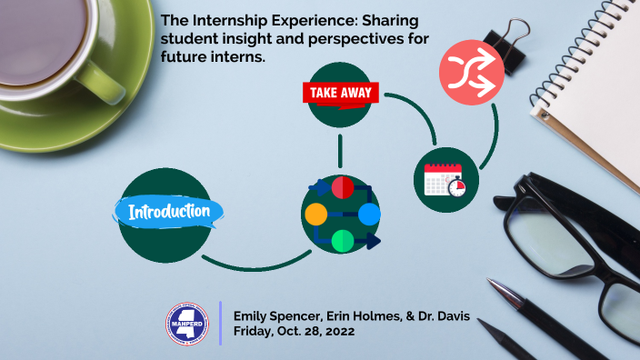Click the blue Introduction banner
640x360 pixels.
170,213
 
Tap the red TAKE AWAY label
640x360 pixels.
341,93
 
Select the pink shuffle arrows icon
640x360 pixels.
472,73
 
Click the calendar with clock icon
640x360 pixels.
445,179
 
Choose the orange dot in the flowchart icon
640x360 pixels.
315,215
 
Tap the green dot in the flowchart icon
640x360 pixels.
342,241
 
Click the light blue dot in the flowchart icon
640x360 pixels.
369,215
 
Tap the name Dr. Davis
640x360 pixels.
443,316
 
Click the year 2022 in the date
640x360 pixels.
335,333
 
